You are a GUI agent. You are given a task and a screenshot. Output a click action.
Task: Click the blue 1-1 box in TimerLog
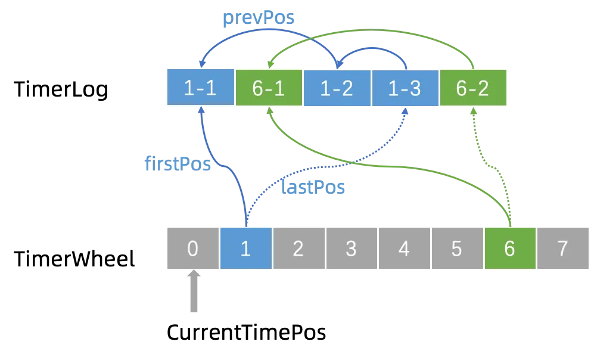(201, 87)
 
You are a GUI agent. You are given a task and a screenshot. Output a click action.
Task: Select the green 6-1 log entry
(269, 88)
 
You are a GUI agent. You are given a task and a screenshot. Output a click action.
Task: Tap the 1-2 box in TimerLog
(337, 88)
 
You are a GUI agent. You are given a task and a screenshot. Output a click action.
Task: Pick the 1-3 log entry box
(405, 88)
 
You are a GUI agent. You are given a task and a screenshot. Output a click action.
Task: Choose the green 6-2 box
(473, 88)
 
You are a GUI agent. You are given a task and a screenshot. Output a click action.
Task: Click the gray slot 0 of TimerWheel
(193, 248)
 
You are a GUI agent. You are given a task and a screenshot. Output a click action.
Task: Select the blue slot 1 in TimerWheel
(245, 248)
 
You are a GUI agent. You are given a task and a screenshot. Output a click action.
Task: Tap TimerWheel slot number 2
(299, 248)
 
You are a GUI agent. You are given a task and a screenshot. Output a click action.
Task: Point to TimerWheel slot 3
(352, 248)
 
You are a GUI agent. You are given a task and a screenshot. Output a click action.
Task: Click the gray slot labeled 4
(405, 248)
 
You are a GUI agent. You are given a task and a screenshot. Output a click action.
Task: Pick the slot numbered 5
(457, 248)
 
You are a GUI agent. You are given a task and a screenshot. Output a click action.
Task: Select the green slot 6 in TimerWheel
(510, 248)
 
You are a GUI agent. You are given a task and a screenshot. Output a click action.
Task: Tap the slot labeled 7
(563, 248)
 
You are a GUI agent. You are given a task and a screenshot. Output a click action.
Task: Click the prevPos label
(259, 18)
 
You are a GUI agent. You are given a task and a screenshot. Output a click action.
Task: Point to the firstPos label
(178, 163)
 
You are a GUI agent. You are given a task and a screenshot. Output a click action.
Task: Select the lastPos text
(313, 187)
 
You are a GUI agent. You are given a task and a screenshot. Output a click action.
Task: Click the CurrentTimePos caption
(247, 333)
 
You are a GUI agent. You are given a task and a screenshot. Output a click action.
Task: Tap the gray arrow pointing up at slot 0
(194, 291)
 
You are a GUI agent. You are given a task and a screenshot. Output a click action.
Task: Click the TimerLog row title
(61, 90)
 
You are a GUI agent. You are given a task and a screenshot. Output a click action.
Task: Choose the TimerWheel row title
(74, 259)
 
